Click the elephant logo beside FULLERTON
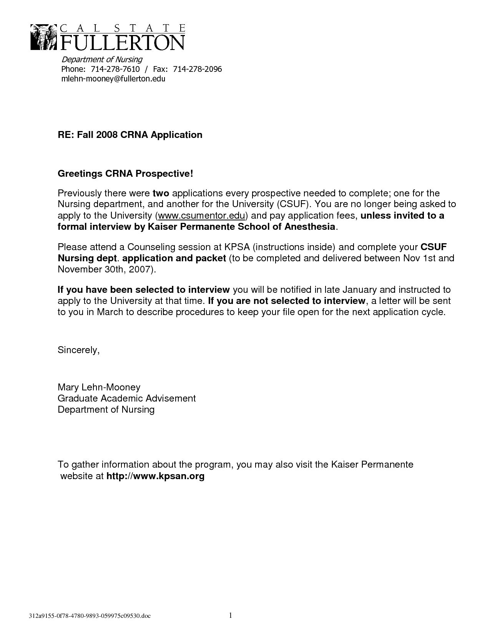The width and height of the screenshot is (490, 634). tap(43, 37)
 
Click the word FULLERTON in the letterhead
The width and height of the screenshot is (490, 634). tap(121, 42)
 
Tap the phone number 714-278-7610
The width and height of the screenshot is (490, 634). tap(115, 69)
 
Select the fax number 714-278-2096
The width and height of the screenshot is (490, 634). tap(198, 69)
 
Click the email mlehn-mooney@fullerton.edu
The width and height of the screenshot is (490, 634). tap(113, 79)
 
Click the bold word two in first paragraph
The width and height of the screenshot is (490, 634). tap(161, 193)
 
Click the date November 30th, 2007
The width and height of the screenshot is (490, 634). tap(105, 269)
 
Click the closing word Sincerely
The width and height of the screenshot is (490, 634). tap(78, 350)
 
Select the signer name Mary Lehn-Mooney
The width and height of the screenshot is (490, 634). tap(99, 387)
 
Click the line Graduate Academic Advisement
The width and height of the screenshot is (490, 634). tap(126, 398)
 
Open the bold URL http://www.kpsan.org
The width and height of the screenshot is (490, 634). tap(155, 476)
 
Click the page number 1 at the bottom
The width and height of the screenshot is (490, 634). tap(231, 616)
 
